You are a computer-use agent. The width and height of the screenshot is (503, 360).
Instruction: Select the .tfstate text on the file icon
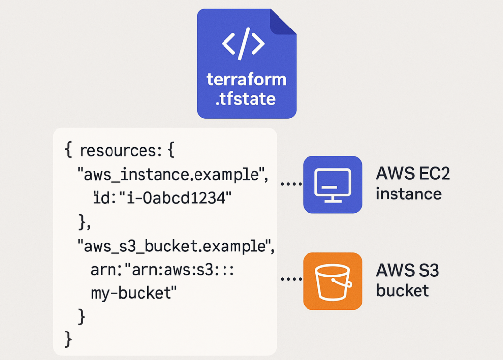(246, 99)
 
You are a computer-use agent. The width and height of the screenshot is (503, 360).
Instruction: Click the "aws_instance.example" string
(172, 174)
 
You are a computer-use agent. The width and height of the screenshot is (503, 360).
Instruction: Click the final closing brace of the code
(69, 338)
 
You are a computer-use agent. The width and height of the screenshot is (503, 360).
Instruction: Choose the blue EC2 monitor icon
(333, 185)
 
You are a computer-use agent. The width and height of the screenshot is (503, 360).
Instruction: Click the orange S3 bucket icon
(333, 281)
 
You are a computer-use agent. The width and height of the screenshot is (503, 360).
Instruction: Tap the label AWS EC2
(413, 174)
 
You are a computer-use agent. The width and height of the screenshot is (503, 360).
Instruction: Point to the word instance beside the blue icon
(408, 194)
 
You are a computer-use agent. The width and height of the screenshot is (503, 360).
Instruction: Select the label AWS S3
(407, 271)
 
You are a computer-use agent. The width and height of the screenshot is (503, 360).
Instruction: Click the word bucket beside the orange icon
(402, 290)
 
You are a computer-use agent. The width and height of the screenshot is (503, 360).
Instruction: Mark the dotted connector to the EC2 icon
(291, 185)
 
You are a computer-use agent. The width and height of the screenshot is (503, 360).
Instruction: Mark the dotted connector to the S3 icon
(291, 279)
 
